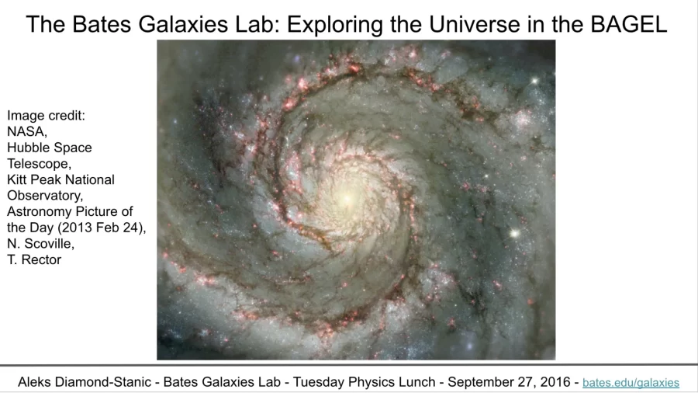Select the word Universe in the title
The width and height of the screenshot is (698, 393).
click(x=475, y=24)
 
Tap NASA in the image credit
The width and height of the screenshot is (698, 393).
click(x=26, y=131)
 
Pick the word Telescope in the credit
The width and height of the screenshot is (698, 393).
click(x=39, y=164)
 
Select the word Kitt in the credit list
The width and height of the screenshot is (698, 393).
click(x=16, y=179)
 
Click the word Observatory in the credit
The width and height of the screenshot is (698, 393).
click(x=44, y=196)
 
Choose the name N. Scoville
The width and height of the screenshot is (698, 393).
click(x=40, y=244)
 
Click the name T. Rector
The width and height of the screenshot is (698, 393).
click(x=34, y=259)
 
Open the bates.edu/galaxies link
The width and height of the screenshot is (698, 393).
click(x=631, y=383)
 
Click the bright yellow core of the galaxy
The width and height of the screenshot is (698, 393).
click(x=347, y=200)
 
